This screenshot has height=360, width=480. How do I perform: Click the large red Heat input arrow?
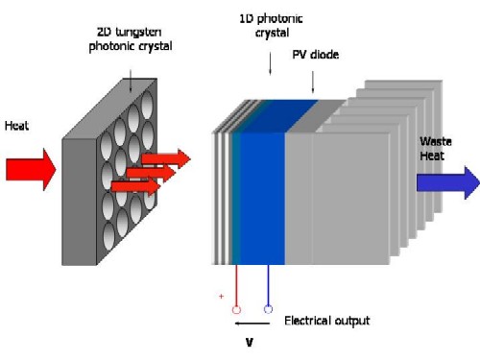tap(29, 169)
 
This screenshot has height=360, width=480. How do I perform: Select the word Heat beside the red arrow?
tap(16, 126)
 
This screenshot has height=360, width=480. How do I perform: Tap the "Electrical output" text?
tap(326, 321)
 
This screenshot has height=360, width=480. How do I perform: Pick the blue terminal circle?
tap(268, 309)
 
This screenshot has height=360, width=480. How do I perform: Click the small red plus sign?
tap(222, 297)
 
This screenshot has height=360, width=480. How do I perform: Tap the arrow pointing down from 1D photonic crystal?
tap(269, 62)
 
